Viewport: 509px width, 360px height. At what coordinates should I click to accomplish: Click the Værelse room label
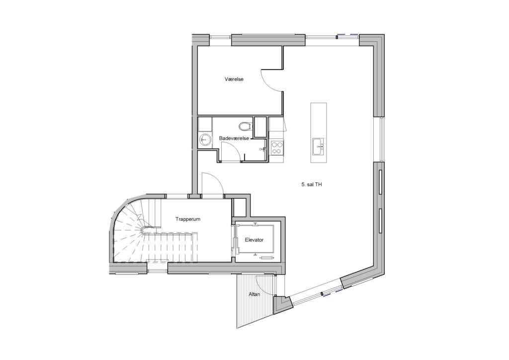coord(234,79)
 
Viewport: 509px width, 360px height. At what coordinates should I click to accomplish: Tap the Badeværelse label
coord(234,138)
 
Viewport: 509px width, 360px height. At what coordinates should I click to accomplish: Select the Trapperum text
coord(188,219)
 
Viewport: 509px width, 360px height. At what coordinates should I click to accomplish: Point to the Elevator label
coord(254,240)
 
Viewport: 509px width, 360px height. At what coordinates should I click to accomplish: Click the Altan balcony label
coord(254,294)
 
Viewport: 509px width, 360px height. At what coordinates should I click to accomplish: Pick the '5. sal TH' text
coord(312,184)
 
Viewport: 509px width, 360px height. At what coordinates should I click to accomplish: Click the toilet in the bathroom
coord(245,125)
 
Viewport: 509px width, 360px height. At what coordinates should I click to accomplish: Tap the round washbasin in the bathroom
coord(204,140)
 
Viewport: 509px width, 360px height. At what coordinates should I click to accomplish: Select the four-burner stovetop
coord(277,148)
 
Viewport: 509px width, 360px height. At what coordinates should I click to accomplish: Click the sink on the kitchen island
coord(318,146)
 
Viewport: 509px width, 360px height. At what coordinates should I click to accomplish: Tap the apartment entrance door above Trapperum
coord(212,184)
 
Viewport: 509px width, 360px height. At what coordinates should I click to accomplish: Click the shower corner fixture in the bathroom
coord(263,149)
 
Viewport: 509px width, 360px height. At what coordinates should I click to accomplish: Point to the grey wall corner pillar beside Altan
coord(282,304)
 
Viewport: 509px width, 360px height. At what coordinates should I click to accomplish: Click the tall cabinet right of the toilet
coord(260,127)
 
